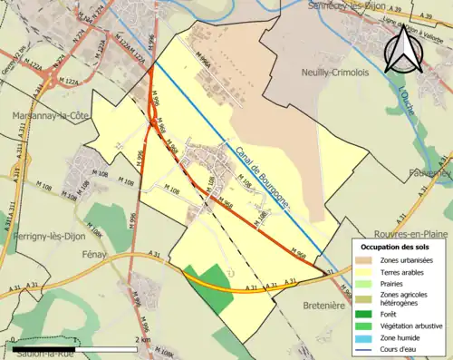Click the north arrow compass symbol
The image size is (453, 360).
(x=404, y=49)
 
